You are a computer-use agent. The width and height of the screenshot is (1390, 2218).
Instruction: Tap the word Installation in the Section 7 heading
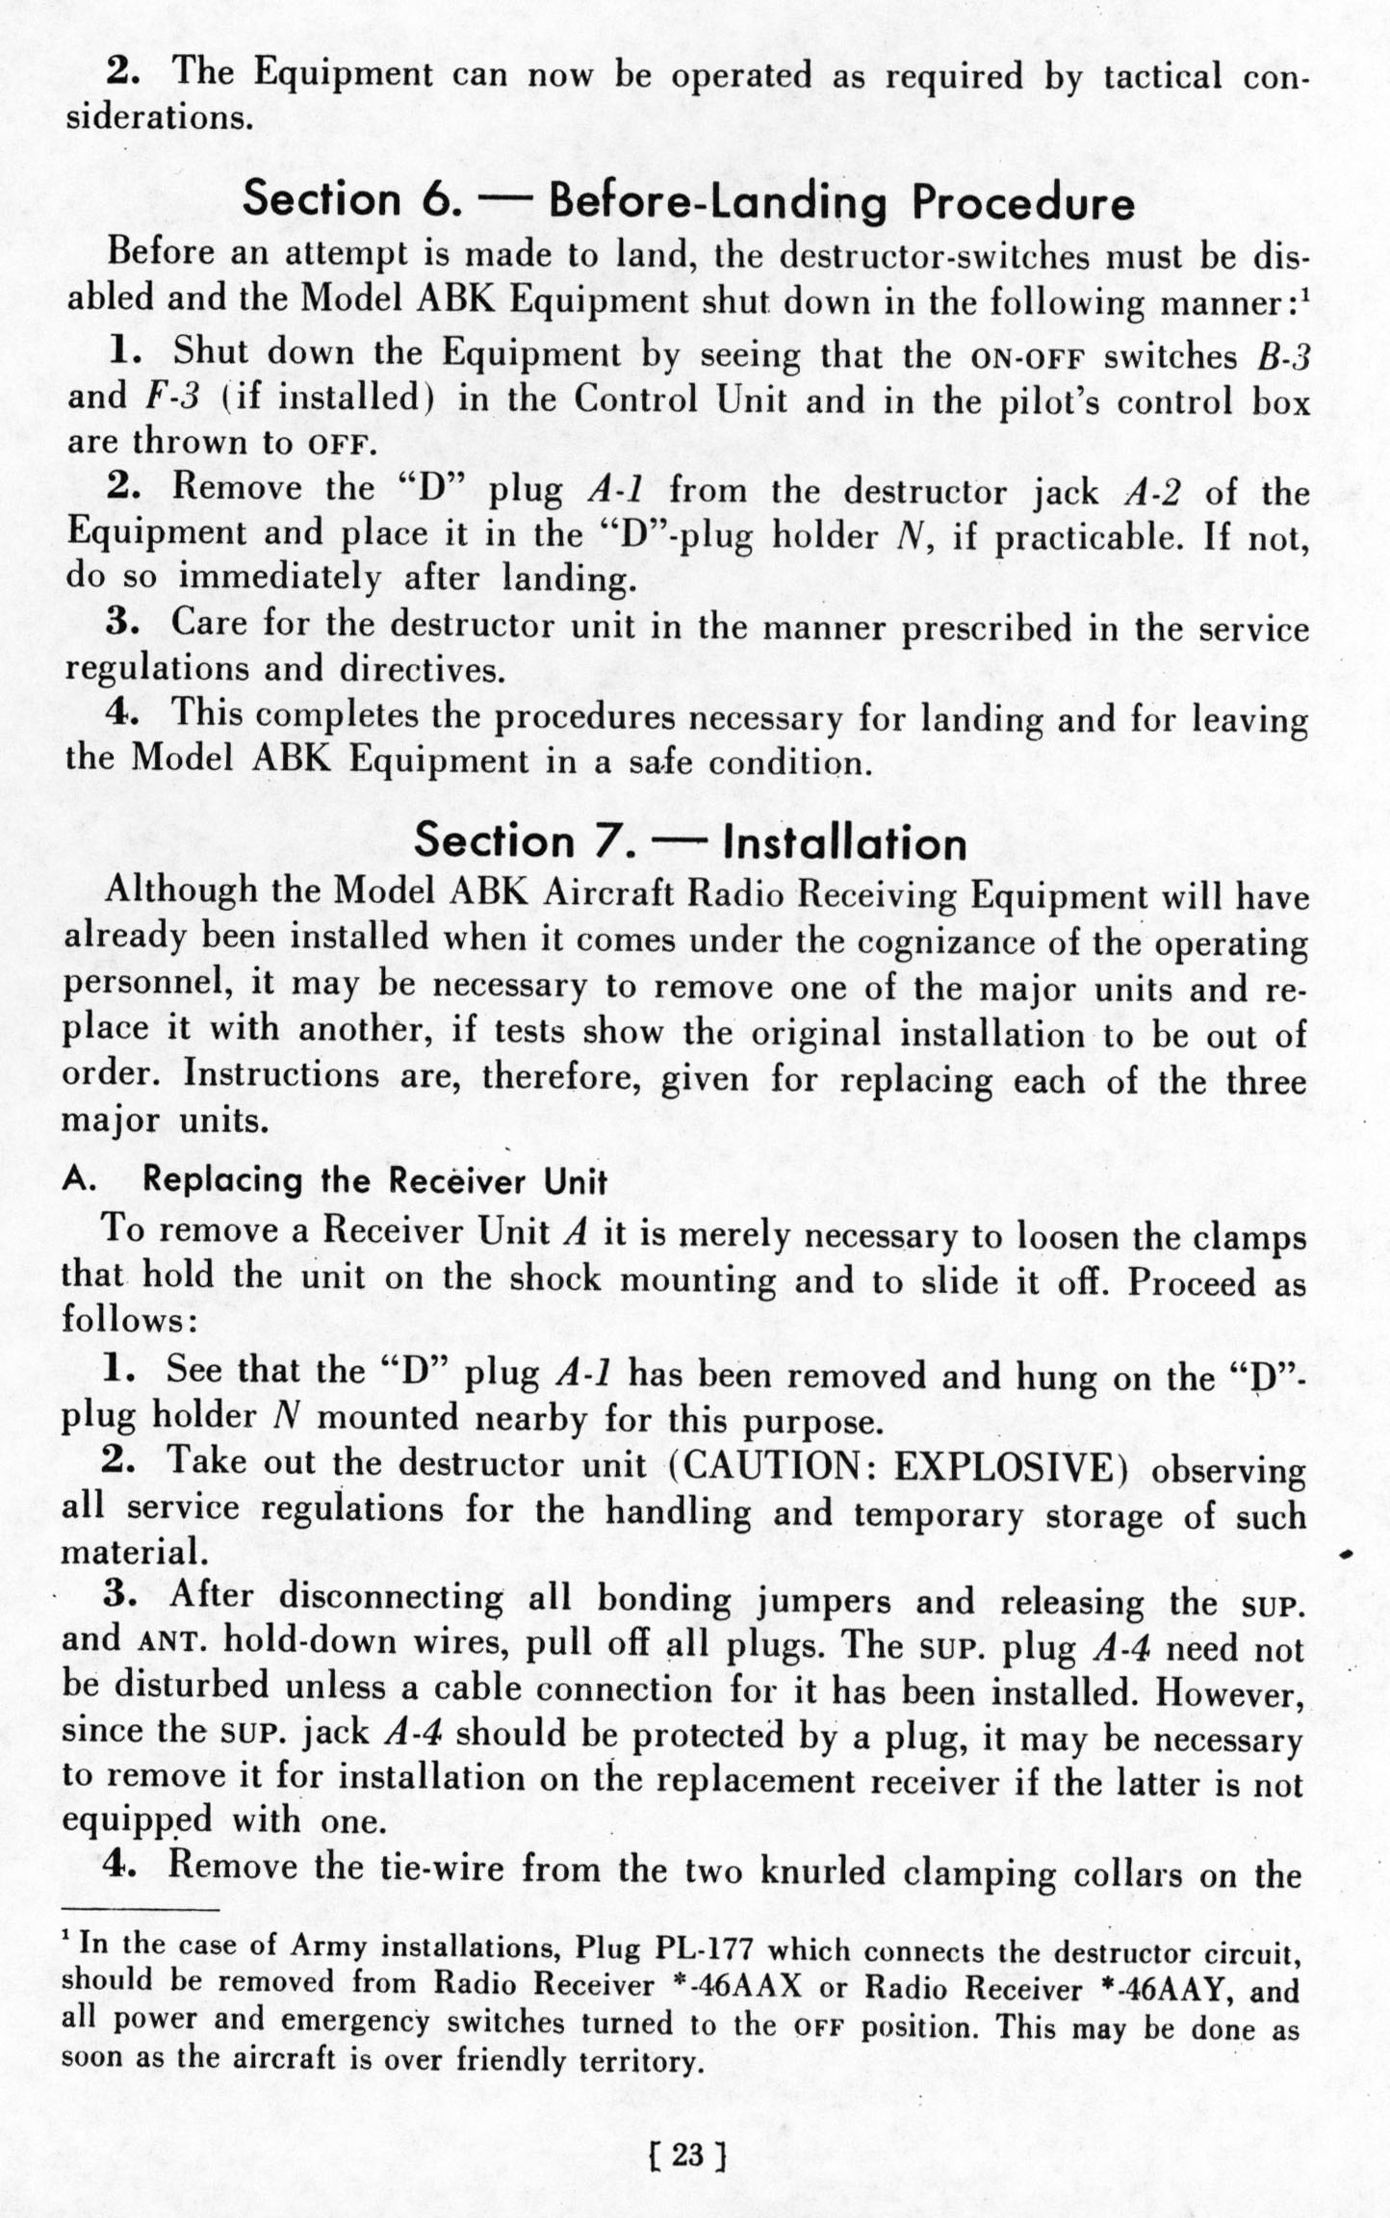click(844, 843)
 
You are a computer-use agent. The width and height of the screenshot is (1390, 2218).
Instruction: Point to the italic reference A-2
click(1152, 493)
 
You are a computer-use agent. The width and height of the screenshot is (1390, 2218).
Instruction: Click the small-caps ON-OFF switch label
click(1029, 358)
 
